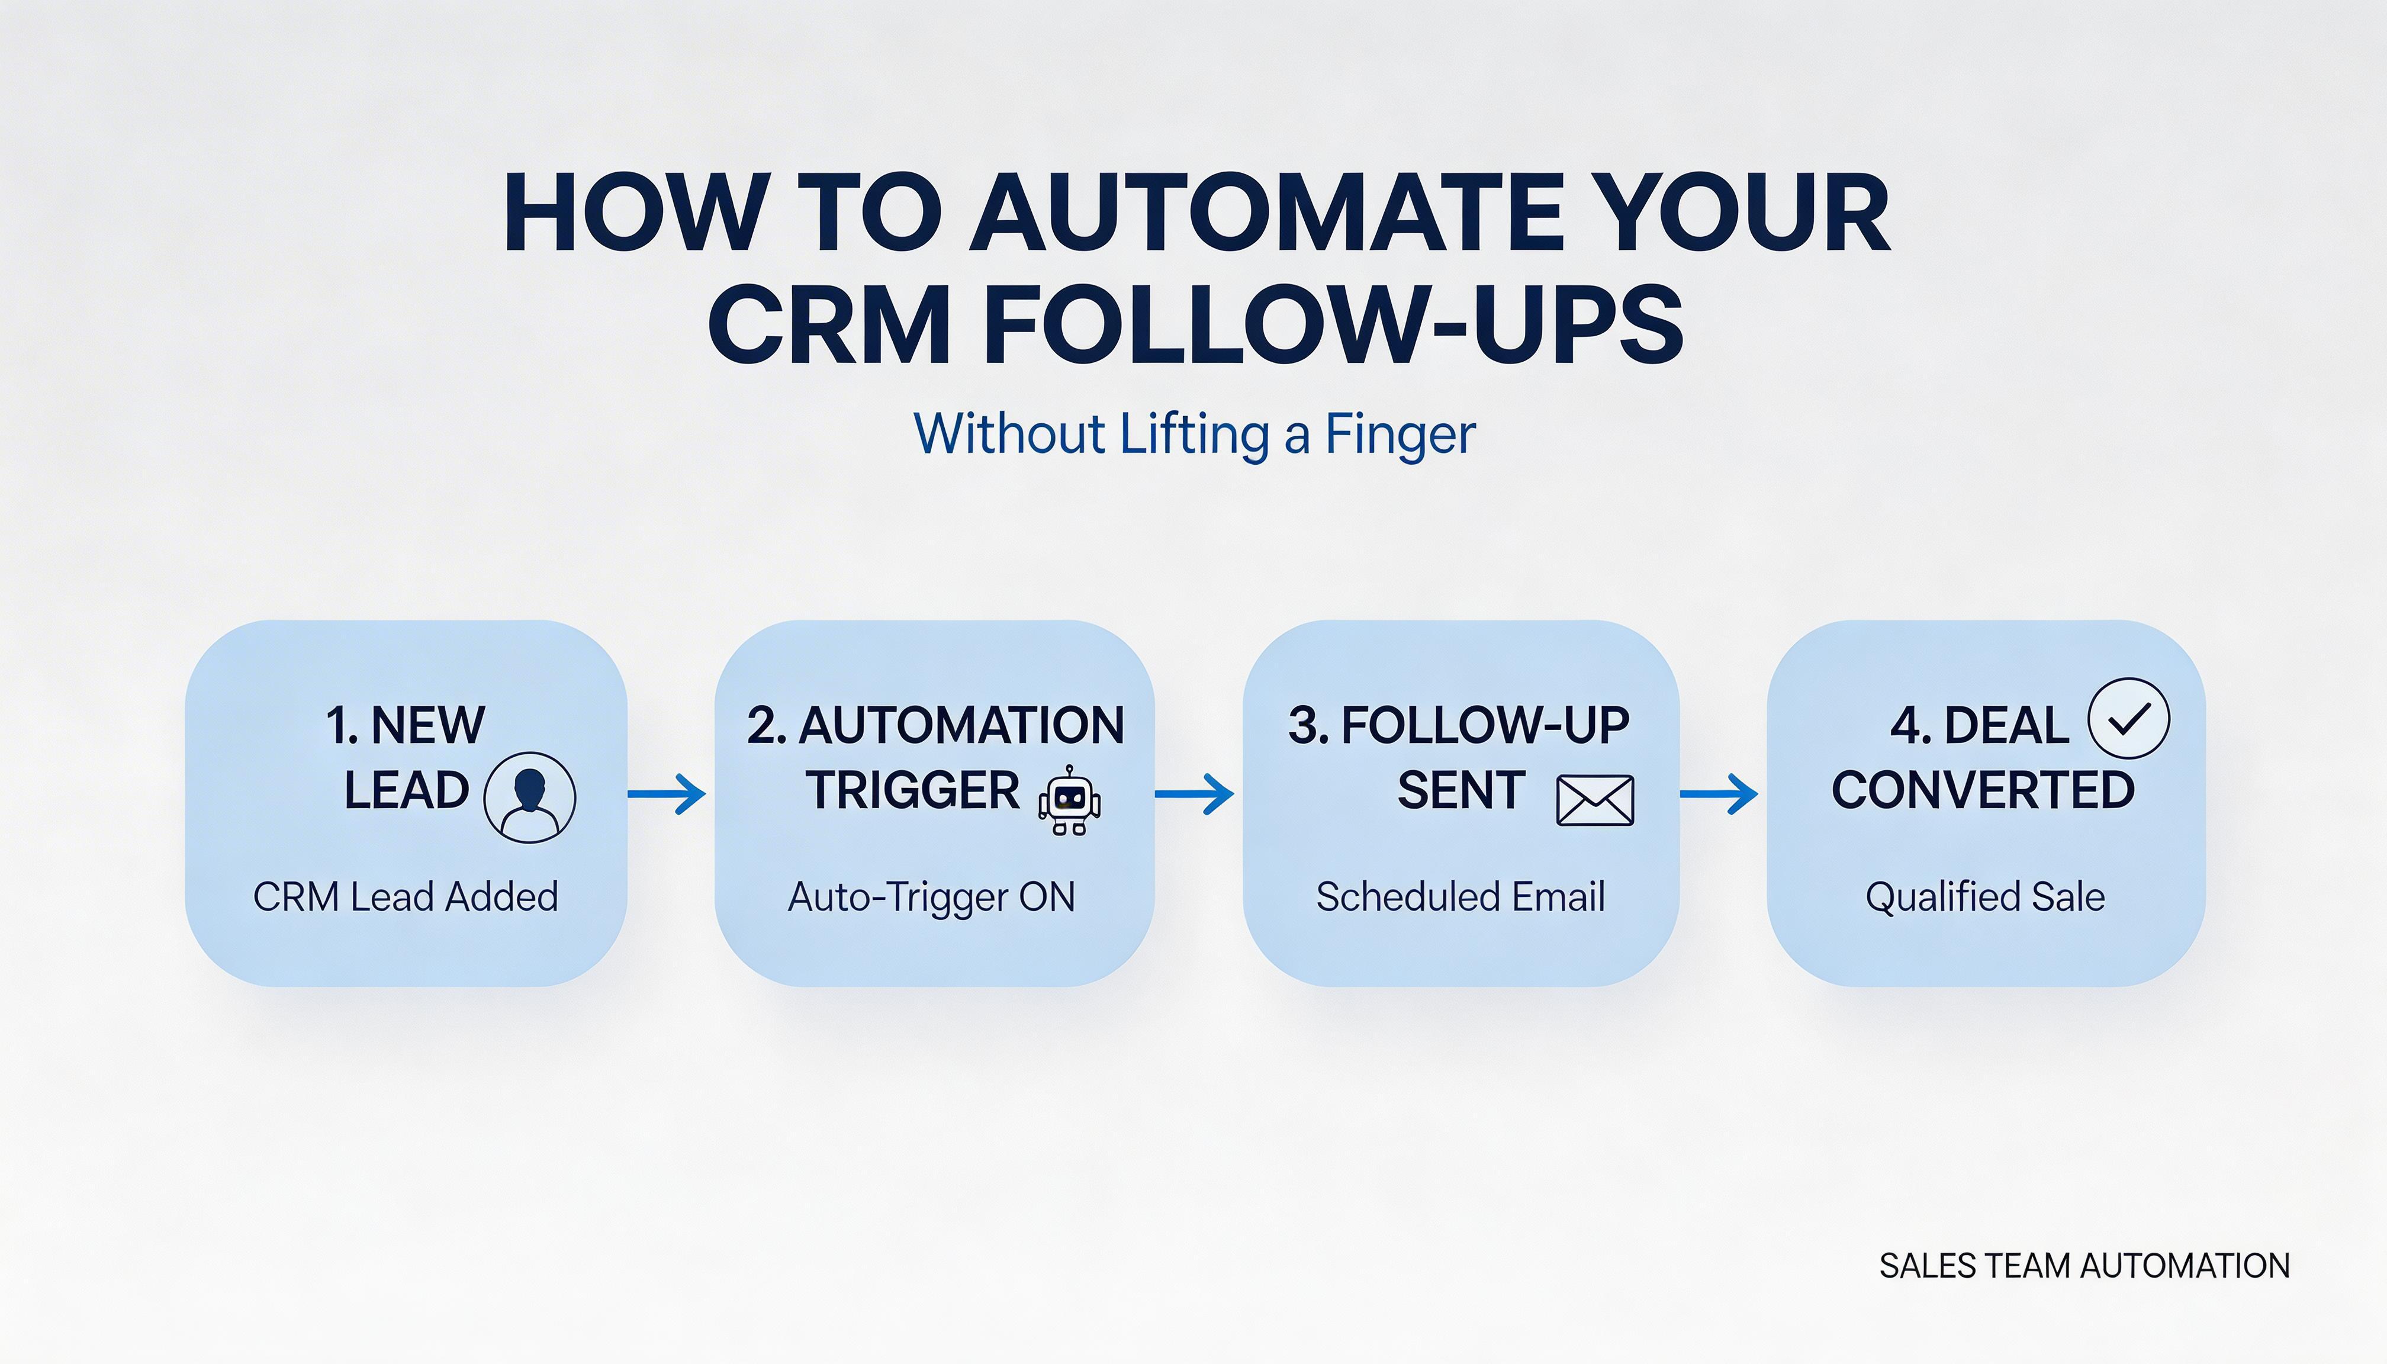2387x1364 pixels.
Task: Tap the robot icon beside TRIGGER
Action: [1069, 801]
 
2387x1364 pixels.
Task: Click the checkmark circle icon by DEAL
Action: [2128, 719]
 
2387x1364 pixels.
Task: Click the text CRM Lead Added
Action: [406, 896]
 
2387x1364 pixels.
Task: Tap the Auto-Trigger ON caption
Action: [932, 896]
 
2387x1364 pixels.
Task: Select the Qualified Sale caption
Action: [1985, 896]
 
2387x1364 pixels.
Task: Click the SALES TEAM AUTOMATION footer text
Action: [2084, 1266]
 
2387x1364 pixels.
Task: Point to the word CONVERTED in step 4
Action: [1983, 790]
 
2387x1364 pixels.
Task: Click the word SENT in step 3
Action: [1462, 790]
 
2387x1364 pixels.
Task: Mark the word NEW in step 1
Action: [428, 725]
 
